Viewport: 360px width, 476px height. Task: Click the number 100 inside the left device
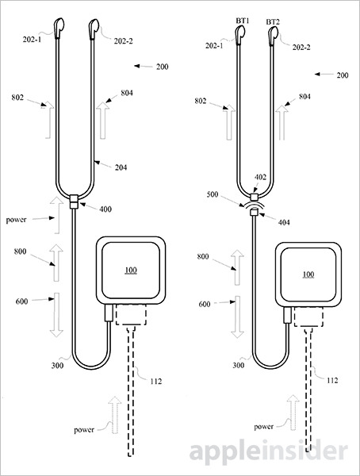[130, 271]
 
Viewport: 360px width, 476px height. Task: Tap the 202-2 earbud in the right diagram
[273, 33]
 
